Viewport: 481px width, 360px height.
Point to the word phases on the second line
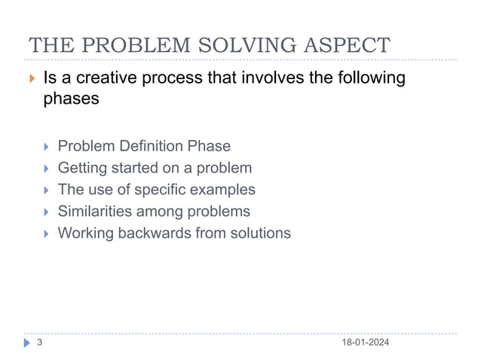click(69, 99)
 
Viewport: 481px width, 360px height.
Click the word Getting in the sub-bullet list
click(82, 168)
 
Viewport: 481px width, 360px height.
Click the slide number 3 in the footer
click(39, 343)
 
